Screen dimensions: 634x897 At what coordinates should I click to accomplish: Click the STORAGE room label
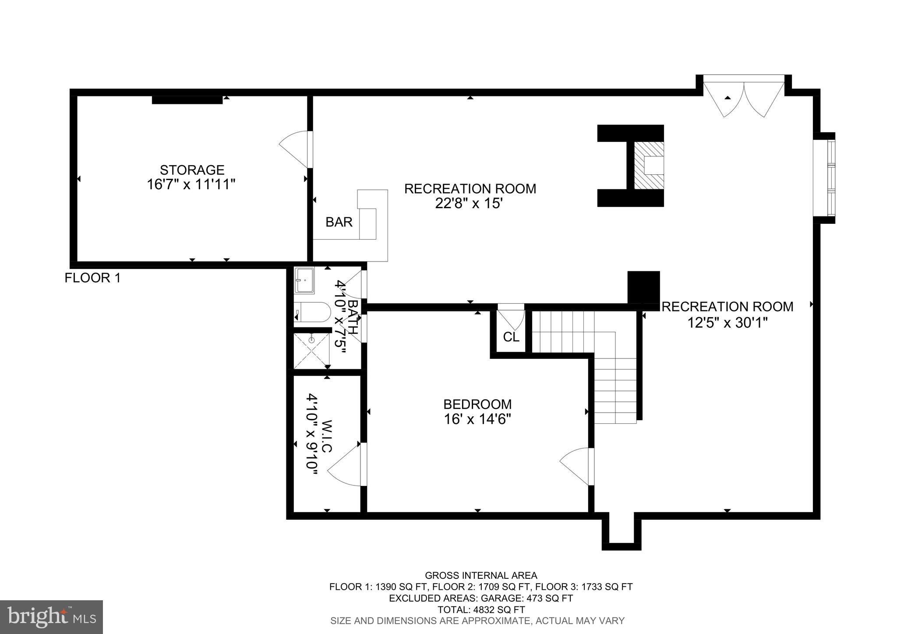[192, 170]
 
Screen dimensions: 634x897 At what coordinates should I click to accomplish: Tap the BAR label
[339, 222]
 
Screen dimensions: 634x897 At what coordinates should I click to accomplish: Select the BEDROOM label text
[477, 404]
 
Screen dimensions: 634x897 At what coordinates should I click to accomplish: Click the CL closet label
[511, 337]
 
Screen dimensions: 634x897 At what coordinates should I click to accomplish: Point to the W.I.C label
[327, 436]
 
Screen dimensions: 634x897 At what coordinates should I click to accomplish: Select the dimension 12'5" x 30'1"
[727, 323]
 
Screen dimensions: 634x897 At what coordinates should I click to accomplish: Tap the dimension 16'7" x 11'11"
[191, 184]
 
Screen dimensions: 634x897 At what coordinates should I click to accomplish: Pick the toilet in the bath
[312, 313]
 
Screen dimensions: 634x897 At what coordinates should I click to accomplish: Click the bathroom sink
[304, 280]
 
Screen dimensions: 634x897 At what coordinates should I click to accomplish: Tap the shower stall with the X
[311, 351]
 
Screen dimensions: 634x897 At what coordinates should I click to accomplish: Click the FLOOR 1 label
[92, 278]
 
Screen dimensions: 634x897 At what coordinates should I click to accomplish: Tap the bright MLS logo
[51, 617]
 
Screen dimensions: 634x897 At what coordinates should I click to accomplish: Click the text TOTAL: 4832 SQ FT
[481, 609]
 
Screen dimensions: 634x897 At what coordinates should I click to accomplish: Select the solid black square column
[643, 287]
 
